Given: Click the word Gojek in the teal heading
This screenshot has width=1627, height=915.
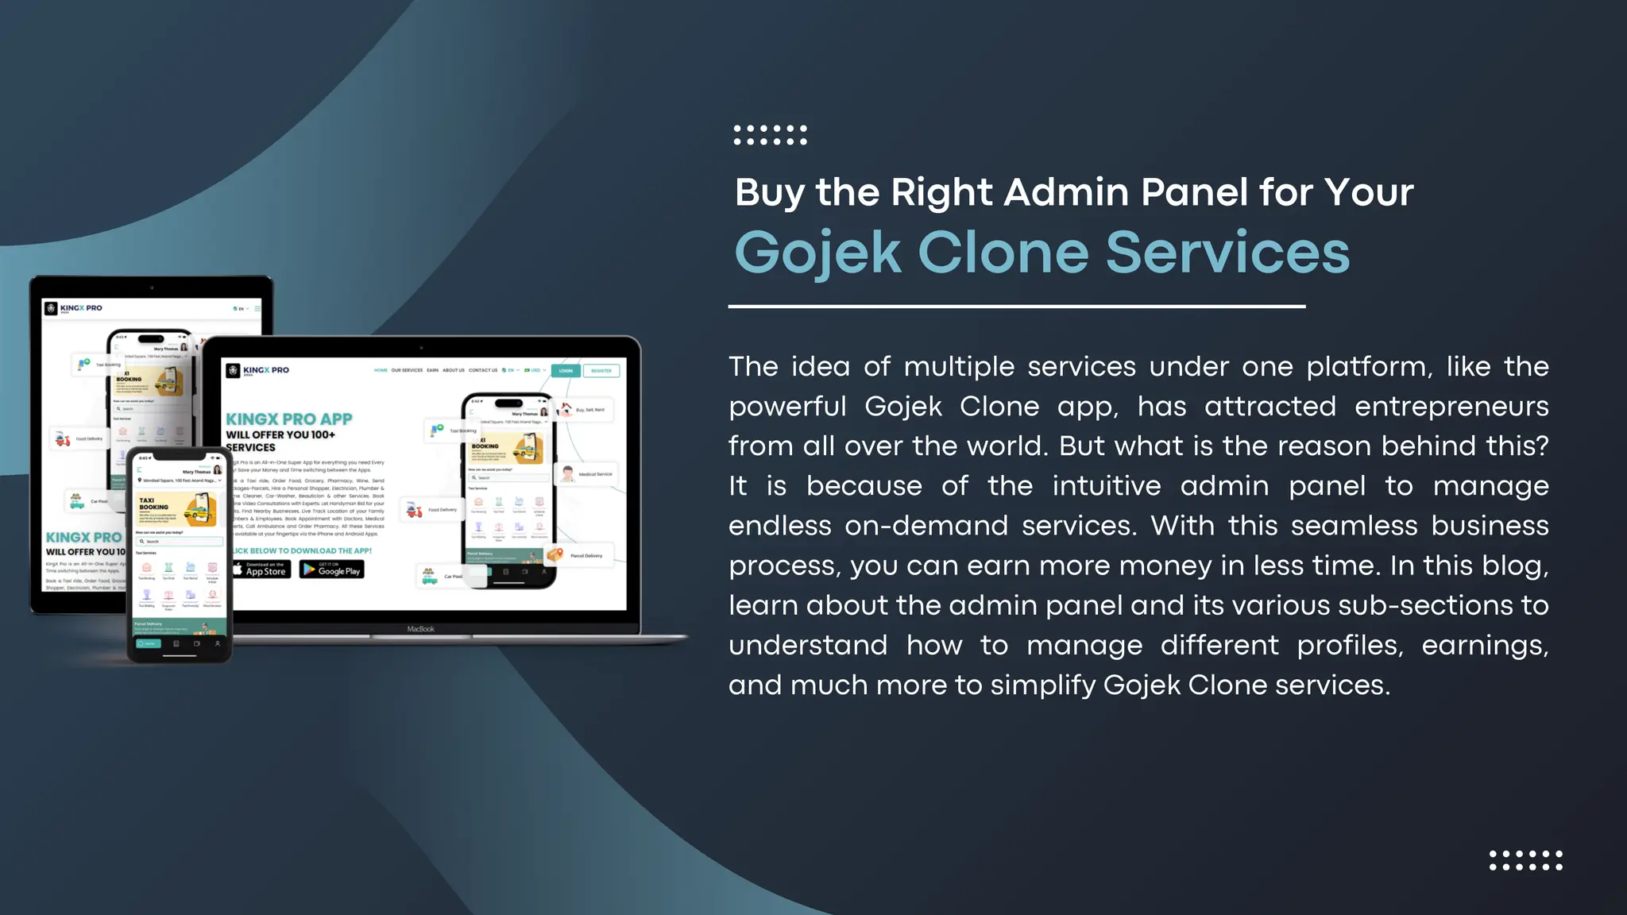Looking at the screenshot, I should pos(817,253).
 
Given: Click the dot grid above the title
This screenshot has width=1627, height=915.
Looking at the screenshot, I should pos(770,135).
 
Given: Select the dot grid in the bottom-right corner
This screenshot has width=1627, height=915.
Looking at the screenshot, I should pos(1525,860).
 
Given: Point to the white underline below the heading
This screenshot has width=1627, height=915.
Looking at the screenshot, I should pos(1016,306).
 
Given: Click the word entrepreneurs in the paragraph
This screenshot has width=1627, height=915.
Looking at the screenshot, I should pos(1451,406).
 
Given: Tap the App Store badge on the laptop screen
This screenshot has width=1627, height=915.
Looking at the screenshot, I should pos(261,569).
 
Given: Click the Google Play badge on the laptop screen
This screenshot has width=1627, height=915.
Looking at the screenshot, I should pos(331,569).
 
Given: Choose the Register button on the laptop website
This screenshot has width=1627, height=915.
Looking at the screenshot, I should pos(601,371).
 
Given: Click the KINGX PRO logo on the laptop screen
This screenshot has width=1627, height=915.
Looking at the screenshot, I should pos(258,370).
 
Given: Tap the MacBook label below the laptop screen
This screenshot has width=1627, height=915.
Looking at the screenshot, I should pos(420,629).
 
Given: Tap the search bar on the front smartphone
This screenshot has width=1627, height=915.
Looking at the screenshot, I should pos(180,541).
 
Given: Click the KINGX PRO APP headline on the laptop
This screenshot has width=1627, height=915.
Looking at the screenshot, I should pos(288,419).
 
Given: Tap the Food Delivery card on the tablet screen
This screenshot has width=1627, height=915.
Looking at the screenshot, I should pos(79,438).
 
